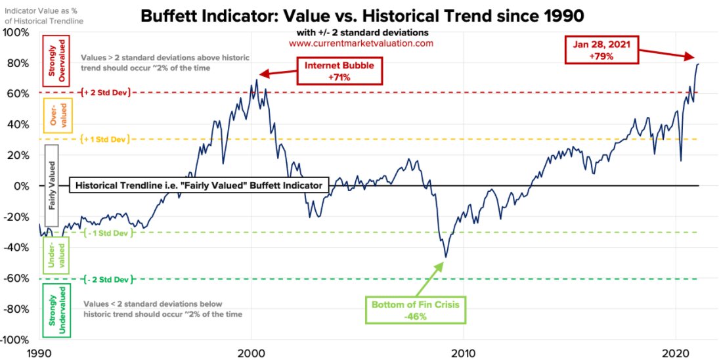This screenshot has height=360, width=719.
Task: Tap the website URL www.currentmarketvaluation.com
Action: click(361, 43)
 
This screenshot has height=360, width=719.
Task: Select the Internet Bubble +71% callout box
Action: click(339, 72)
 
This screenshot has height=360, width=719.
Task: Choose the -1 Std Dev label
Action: click(108, 233)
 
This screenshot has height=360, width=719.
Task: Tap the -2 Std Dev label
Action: click(108, 279)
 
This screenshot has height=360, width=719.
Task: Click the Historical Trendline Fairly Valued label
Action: click(198, 186)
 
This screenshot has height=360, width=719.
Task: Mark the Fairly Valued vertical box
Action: click(52, 186)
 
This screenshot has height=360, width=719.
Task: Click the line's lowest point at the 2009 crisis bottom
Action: click(446, 257)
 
